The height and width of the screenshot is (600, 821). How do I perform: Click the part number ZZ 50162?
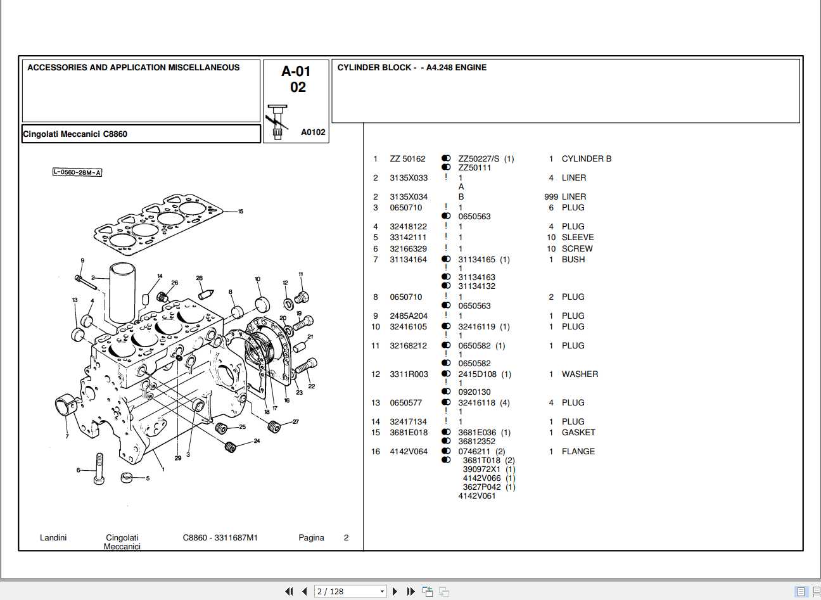click(x=407, y=159)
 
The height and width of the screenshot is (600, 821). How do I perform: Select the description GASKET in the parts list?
click(x=578, y=433)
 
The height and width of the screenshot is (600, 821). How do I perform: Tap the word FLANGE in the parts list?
click(x=578, y=452)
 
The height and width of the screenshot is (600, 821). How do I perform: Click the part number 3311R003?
click(x=409, y=374)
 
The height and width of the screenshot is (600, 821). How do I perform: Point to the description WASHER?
click(x=579, y=374)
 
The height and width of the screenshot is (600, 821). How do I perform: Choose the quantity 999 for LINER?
click(x=551, y=197)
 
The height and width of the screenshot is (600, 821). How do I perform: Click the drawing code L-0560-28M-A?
click(x=77, y=172)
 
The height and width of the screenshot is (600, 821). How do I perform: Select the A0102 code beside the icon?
click(x=313, y=132)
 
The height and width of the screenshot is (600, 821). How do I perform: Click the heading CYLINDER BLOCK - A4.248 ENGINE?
click(x=412, y=68)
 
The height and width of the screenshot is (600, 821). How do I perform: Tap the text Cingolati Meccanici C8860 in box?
click(x=75, y=134)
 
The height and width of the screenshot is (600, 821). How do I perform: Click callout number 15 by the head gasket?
click(x=240, y=212)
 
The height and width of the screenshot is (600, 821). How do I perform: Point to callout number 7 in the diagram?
click(x=67, y=437)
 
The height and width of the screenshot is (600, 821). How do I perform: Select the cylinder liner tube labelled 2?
click(x=122, y=294)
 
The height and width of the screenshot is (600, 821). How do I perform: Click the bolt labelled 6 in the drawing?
click(x=99, y=469)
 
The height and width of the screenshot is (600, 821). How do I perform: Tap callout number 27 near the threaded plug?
click(x=295, y=422)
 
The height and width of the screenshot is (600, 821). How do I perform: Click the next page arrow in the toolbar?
click(x=395, y=591)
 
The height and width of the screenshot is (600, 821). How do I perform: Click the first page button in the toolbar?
click(x=290, y=591)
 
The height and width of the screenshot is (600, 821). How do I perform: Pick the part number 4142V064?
click(x=409, y=452)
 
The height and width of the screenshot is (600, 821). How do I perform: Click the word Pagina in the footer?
click(x=311, y=538)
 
